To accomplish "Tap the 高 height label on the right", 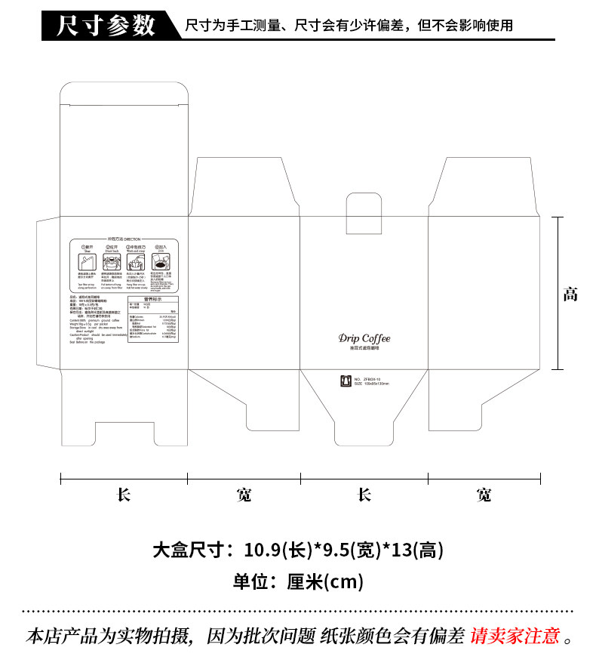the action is point(570,294).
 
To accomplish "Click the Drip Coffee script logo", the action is point(364,338).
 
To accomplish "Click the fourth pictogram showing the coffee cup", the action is point(160,261).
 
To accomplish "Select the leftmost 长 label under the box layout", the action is point(124,495).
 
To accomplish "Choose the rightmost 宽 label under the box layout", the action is point(484,495).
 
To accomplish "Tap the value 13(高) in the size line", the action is point(412,550).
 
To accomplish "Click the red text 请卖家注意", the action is point(515,637).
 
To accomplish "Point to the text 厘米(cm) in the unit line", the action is point(325,581).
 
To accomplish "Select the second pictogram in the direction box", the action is point(111,261).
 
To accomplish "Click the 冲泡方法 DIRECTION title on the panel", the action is point(124,237).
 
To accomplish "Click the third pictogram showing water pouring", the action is point(136,261).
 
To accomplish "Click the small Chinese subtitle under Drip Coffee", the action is point(364,350).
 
